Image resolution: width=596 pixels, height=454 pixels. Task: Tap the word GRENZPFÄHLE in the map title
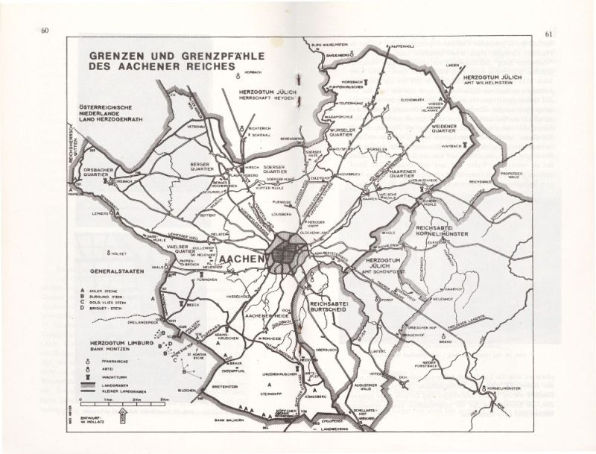(173, 55)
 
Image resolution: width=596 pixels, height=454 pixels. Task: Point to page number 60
(44, 32)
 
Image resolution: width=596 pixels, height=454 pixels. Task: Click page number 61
(549, 33)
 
